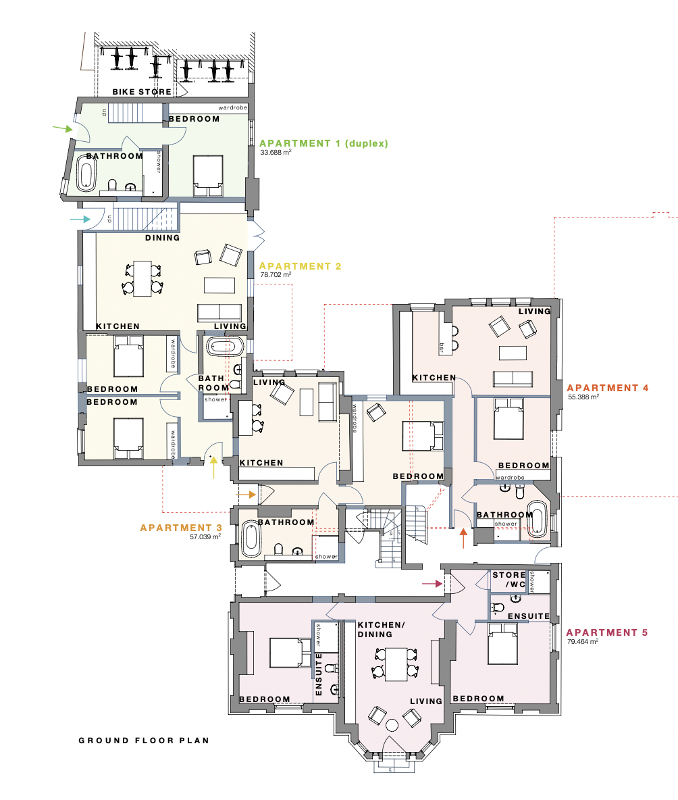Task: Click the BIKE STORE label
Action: coord(142,92)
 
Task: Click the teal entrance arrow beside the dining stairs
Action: coord(80,219)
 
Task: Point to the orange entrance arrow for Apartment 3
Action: coord(246,495)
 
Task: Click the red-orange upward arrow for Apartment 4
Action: coord(463,539)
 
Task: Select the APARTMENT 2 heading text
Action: coord(301,266)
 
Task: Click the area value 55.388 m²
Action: coord(584,398)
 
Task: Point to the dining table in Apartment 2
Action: coord(142,278)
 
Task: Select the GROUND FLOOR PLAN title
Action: coord(144,741)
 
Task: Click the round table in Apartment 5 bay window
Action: coord(392,726)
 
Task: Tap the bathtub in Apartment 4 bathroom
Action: coord(538,518)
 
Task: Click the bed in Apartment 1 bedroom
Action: coord(208,175)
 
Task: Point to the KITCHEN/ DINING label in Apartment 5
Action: coord(382,630)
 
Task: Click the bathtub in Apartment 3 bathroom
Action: coord(251,539)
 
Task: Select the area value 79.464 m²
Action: coord(584,643)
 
